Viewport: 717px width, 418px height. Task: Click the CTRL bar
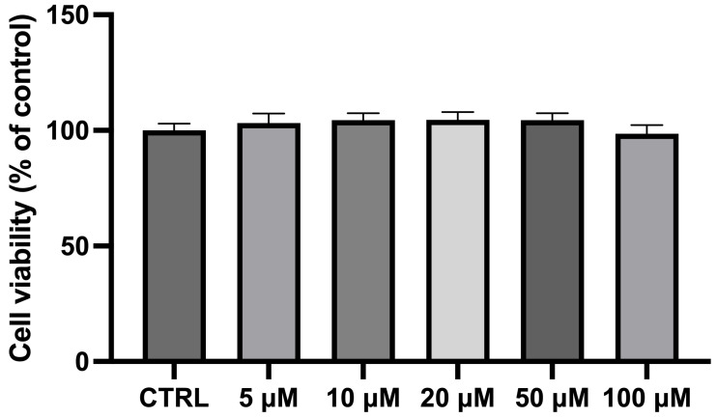(173, 246)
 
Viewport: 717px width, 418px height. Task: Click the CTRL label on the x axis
(173, 398)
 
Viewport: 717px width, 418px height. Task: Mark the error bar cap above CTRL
(173, 124)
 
